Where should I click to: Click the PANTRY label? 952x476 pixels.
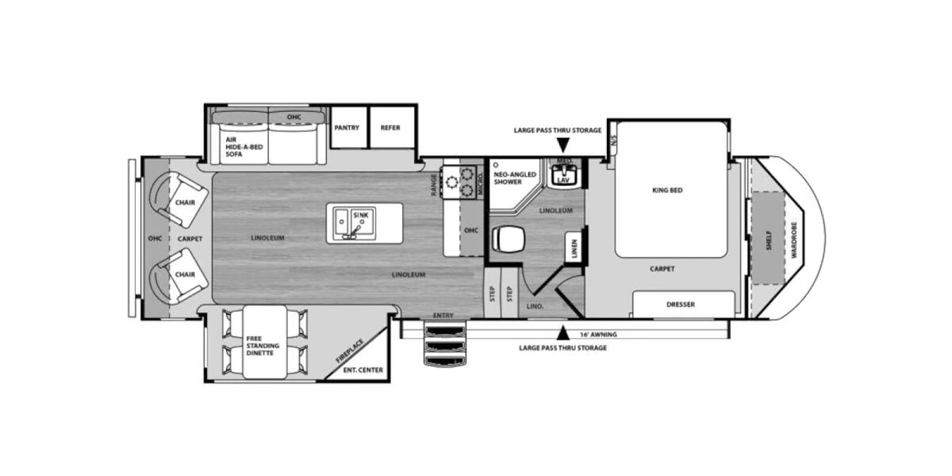tap(347, 128)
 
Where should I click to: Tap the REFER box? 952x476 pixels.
tap(390, 128)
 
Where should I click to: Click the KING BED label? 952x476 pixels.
tap(667, 190)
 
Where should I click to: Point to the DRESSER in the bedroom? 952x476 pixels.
tap(681, 305)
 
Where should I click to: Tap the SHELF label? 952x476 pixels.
tap(769, 240)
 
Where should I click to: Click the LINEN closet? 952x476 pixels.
tap(574, 248)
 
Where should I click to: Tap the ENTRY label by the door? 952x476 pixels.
tap(443, 316)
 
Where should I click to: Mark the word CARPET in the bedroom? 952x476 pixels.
tap(662, 269)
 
